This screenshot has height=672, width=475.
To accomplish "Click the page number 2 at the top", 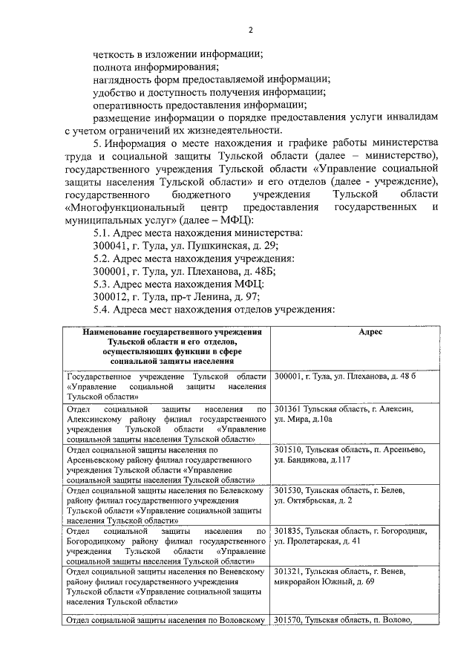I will coord(251,30).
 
